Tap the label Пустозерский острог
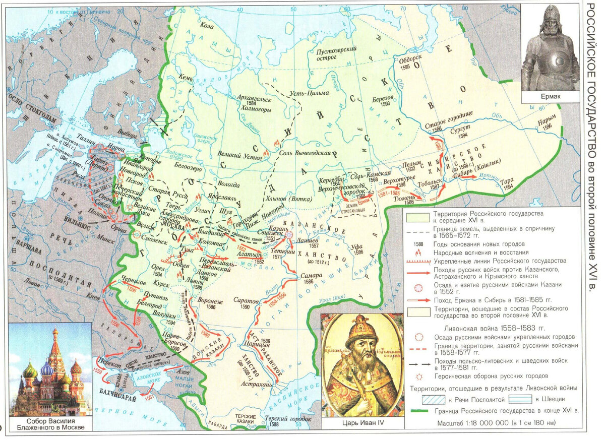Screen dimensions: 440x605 tap(336, 54)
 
